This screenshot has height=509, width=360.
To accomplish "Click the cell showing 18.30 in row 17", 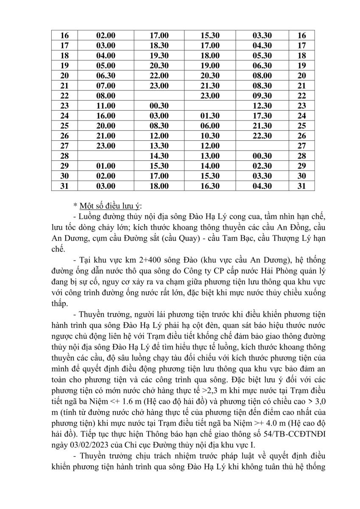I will click(x=159, y=45).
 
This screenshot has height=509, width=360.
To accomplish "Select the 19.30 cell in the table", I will click(x=159, y=56).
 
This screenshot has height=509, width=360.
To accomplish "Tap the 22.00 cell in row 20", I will click(x=159, y=76).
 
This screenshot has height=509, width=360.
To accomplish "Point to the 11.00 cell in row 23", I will click(x=106, y=106).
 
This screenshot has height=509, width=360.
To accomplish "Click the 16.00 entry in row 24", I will click(x=106, y=116).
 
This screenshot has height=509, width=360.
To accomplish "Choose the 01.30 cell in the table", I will click(x=210, y=116).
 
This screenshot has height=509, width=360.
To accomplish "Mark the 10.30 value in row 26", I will click(x=210, y=136).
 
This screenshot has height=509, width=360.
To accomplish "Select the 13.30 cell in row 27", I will click(x=159, y=146).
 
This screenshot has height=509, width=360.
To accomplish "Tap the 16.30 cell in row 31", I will click(x=210, y=186).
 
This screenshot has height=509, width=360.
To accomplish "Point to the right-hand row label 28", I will click(x=302, y=156).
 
